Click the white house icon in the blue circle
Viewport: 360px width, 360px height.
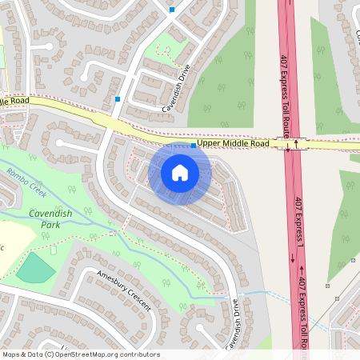(180, 173)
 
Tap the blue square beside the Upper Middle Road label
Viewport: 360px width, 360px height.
(194, 146)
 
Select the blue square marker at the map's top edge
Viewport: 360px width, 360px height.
(172, 10)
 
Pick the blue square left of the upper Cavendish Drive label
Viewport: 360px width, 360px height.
(118, 99)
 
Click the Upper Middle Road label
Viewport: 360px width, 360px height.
(232, 143)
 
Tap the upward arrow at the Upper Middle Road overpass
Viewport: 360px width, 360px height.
(297, 145)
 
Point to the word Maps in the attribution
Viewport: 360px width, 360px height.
(11, 354)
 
